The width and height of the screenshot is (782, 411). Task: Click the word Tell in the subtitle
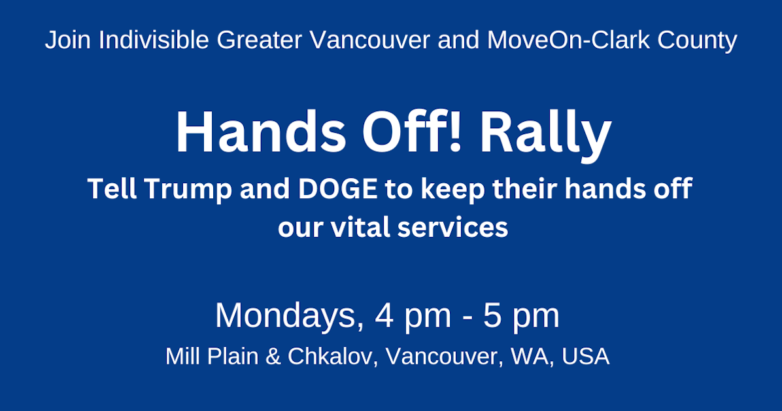pos(111,190)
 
